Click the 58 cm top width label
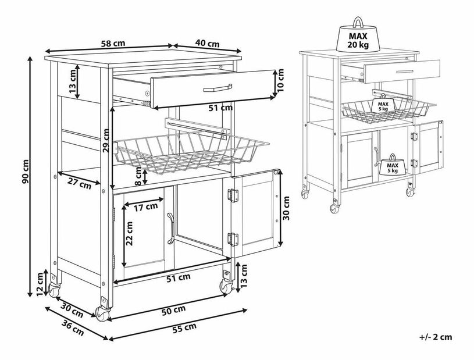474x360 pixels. click(x=112, y=43)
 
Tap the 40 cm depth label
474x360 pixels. click(x=208, y=43)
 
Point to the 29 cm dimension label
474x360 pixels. click(x=105, y=140)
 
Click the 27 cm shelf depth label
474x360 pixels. click(x=79, y=183)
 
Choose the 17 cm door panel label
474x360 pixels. click(x=146, y=206)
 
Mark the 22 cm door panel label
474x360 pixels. click(x=129, y=233)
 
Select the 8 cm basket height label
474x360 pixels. click(x=138, y=176)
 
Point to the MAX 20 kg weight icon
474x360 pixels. click(x=358, y=35)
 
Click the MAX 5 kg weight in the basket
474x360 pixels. click(x=383, y=104)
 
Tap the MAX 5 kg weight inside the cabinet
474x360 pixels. click(x=392, y=166)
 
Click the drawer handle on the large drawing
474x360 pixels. click(x=218, y=88)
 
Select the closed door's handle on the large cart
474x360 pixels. click(x=170, y=228)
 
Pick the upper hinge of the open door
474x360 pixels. click(x=233, y=195)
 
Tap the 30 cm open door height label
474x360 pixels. click(x=286, y=208)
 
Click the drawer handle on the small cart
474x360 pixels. click(x=405, y=72)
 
